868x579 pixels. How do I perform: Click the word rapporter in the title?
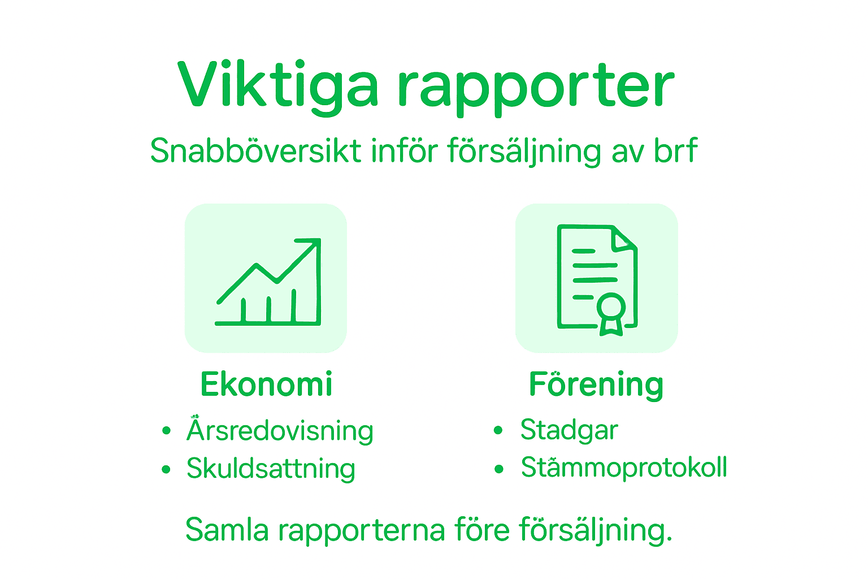pos(536,88)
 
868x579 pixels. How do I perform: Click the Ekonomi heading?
pos(266,384)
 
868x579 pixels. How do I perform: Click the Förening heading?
pos(596,384)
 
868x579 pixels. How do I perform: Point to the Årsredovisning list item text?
pos(280,430)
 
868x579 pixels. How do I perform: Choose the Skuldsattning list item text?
pos(271,469)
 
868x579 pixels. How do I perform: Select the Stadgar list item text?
pos(569,430)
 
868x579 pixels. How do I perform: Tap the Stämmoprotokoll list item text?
pos(624,468)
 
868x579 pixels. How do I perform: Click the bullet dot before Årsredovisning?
pos(166,431)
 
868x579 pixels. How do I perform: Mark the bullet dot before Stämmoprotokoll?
pos(498,468)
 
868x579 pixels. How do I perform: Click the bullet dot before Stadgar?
pos(498,430)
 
